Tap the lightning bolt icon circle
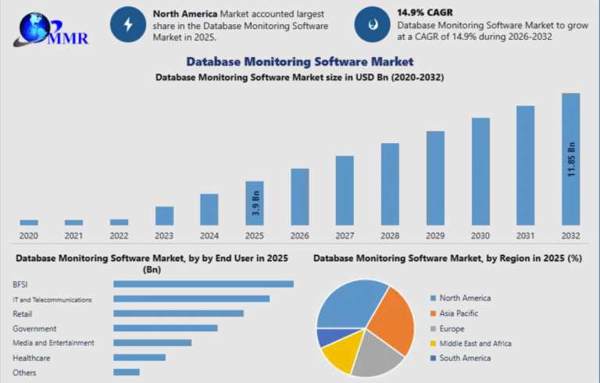[128, 25]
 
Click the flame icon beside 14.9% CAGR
[372, 25]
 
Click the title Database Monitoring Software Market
[299, 61]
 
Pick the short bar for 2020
[29, 222]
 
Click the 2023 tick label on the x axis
[164, 235]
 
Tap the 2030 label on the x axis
[480, 235]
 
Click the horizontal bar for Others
[127, 372]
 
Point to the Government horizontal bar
[166, 328]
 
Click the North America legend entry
[464, 298]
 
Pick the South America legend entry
[464, 357]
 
